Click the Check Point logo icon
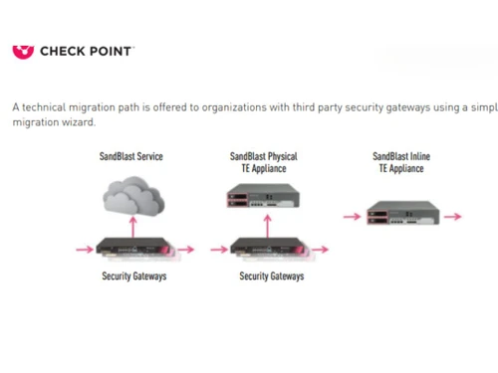(22, 50)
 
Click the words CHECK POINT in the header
(86, 50)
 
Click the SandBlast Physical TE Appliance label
(263, 162)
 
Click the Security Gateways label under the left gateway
(134, 276)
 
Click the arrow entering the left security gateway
(84, 249)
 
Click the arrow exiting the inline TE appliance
(452, 215)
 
